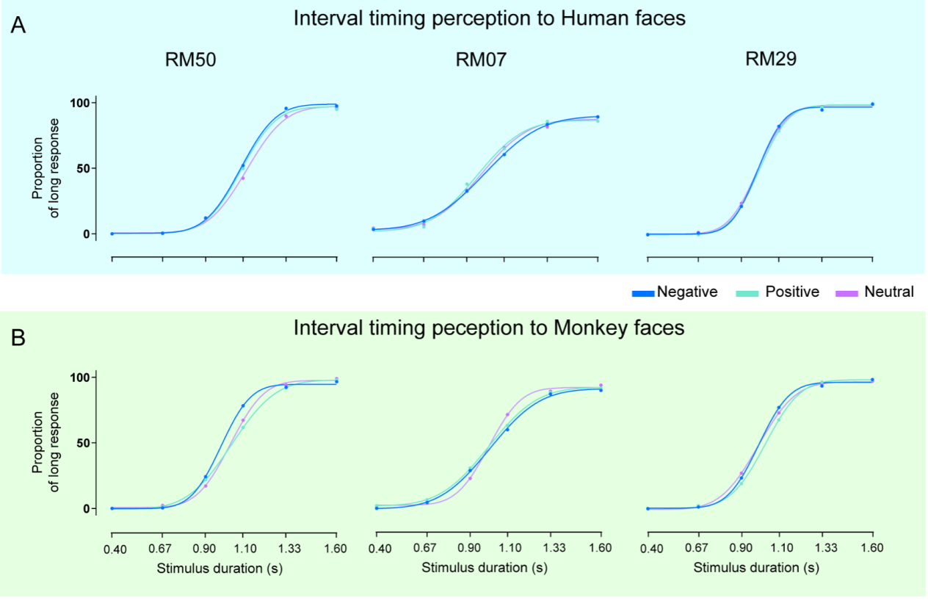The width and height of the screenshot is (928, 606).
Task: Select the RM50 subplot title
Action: click(x=190, y=60)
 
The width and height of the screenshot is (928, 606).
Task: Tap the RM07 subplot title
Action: click(x=481, y=60)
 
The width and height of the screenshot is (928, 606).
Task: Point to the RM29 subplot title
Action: click(x=771, y=60)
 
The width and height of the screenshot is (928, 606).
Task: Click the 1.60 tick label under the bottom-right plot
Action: click(x=873, y=549)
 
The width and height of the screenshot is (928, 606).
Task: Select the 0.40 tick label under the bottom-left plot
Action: click(x=112, y=549)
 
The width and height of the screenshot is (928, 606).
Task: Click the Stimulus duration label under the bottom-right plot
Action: click(x=756, y=567)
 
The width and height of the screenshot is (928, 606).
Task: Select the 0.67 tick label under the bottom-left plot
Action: click(x=162, y=549)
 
